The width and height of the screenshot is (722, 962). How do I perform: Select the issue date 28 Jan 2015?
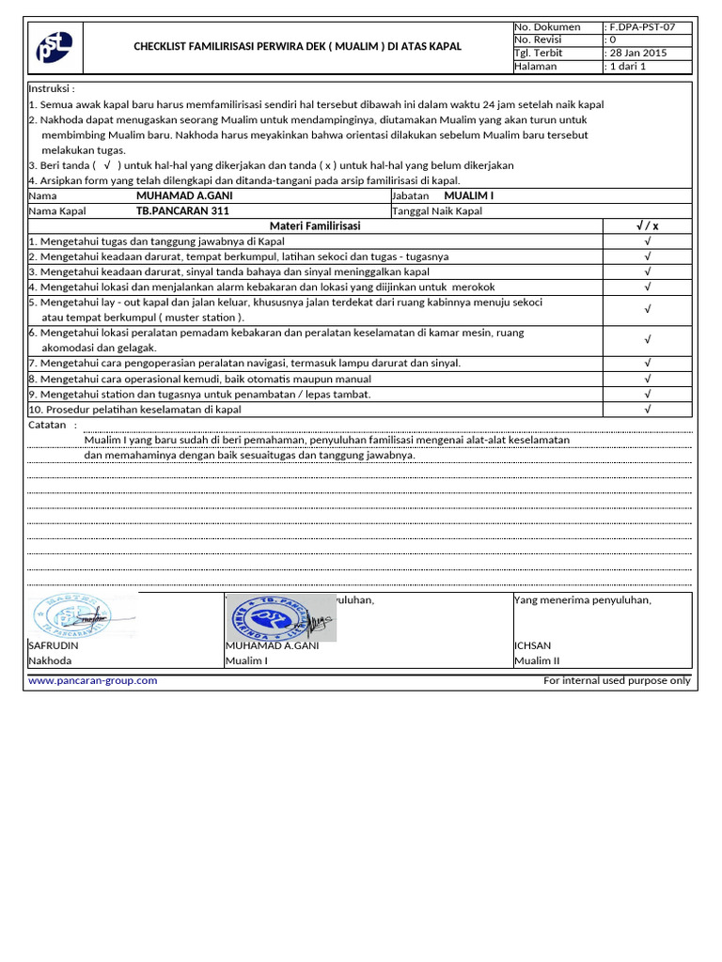click(x=636, y=54)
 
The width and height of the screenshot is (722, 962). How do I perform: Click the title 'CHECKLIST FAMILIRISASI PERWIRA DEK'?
click(x=297, y=46)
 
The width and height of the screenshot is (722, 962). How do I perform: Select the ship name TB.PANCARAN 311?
click(x=182, y=211)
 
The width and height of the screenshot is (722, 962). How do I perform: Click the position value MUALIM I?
click(x=468, y=195)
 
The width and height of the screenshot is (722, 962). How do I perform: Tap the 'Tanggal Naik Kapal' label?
click(x=436, y=211)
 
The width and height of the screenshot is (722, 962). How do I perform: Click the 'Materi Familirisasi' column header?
click(x=314, y=226)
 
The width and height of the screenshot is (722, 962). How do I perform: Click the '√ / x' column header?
click(x=648, y=226)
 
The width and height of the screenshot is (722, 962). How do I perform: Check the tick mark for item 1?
click(x=648, y=241)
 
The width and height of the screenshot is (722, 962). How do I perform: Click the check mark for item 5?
click(x=648, y=309)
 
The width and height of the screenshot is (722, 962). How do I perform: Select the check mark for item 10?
click(x=648, y=410)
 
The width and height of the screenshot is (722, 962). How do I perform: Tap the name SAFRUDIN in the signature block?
click(x=54, y=646)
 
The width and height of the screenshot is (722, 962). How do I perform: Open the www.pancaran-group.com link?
click(x=93, y=680)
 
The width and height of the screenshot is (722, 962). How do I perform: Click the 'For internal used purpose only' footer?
click(x=617, y=680)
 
